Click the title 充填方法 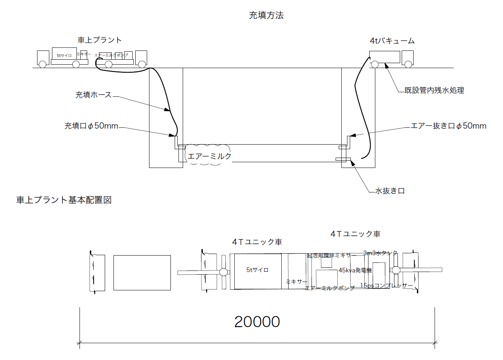[x=266, y=15]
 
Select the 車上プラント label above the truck [x=99, y=40]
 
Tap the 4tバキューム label [x=392, y=41]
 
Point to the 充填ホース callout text [x=93, y=95]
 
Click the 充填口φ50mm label [x=91, y=126]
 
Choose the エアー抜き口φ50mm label [x=448, y=126]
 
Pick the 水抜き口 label [x=389, y=191]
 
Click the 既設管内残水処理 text [x=434, y=91]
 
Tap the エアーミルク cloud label [x=209, y=156]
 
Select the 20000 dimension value [x=257, y=322]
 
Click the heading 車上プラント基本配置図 [x=64, y=200]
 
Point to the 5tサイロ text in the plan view [x=257, y=270]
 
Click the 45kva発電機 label [x=355, y=270]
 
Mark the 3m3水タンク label [x=380, y=253]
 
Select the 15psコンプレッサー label [x=386, y=286]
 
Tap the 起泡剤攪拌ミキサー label [x=331, y=256]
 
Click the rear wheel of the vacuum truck [x=375, y=65]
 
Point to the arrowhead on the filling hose [x=167, y=110]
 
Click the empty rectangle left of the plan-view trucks [x=142, y=273]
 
